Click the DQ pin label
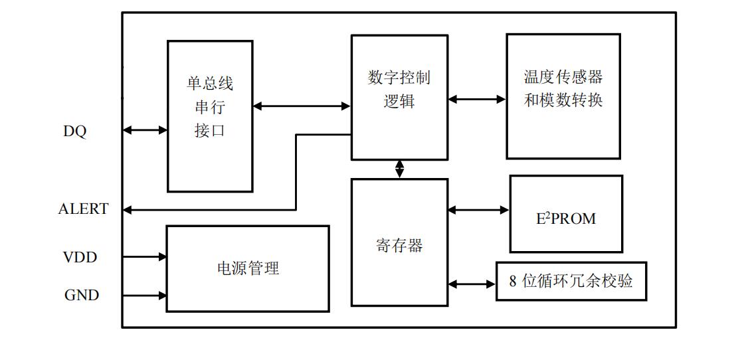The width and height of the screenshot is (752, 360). coord(75,132)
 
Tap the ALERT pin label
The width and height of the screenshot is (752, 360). coord(83,209)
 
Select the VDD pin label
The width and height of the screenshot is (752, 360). coord(80,257)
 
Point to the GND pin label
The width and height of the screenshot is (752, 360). coord(82,296)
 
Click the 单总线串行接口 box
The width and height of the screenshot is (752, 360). coord(210,116)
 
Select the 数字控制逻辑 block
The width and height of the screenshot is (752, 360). coord(399,97)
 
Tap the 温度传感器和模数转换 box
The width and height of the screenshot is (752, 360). coord(563,97)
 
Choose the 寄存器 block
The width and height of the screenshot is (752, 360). coord(399,242)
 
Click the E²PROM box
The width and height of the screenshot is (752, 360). coord(566,214)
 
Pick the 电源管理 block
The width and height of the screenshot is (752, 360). coord(247,268)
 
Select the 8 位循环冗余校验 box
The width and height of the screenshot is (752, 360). coord(571,281)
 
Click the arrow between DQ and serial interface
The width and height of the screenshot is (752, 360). coord(145,131)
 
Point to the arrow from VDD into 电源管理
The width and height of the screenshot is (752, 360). coord(144,256)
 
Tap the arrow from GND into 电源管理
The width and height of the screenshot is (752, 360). coord(144,295)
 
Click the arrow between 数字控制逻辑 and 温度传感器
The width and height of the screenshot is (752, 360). coord(477,100)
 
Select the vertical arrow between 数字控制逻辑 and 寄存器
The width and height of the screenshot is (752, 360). coord(399,169)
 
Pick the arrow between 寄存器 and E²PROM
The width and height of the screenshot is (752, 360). coord(478,210)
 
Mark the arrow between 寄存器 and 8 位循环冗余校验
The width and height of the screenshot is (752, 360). coord(472,284)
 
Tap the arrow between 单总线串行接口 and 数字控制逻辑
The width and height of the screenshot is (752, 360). coord(302,106)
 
